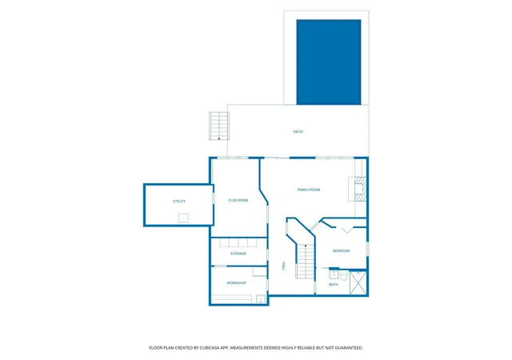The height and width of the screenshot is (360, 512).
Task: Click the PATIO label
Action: click(298, 132)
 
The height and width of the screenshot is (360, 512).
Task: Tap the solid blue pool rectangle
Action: click(329, 62)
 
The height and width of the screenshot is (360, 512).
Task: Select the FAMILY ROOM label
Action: click(309, 190)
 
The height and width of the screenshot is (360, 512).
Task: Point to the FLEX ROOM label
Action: click(238, 200)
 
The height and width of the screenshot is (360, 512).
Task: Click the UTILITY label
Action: click(179, 202)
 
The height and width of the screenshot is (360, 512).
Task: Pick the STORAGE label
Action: click(238, 254)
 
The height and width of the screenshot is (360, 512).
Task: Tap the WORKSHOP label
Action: click(236, 283)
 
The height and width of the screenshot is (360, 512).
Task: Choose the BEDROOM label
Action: click(341, 251)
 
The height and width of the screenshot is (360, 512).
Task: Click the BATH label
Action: click(334, 285)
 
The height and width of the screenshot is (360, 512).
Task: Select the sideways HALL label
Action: click(283, 266)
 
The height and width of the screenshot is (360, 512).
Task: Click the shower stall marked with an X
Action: click(358, 282)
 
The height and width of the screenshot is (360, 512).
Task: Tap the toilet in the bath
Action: click(343, 275)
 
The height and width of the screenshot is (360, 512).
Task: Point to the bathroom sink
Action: click(334, 274)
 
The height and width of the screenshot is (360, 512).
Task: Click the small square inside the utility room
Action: click(183, 218)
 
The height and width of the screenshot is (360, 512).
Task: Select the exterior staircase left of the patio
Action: click(219, 126)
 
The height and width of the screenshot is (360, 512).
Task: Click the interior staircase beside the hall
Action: click(306, 262)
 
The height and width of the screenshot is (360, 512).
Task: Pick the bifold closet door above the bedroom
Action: click(346, 230)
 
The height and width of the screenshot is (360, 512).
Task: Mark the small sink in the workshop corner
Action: click(261, 299)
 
